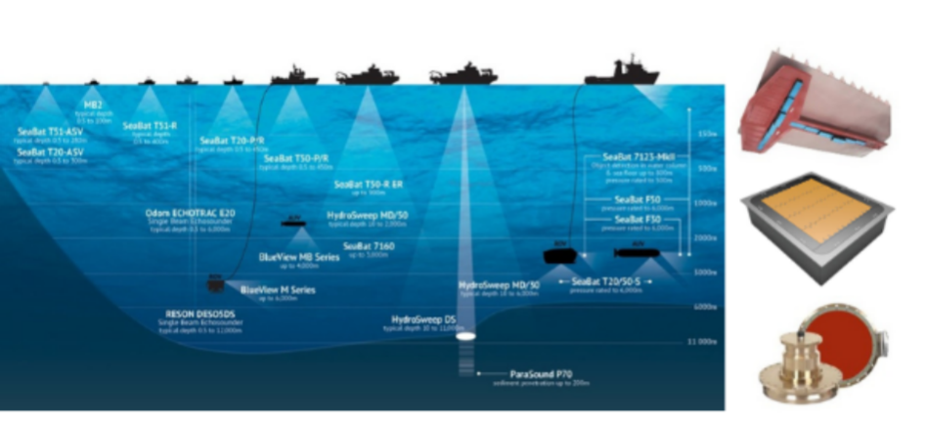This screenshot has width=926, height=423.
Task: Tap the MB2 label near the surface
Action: tap(94, 101)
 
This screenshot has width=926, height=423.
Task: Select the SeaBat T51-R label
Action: tap(150, 126)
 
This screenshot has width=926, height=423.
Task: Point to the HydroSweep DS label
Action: tap(423, 319)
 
